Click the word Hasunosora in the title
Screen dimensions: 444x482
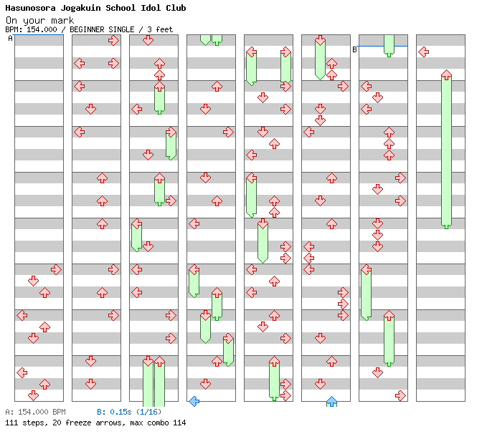pos(32,8)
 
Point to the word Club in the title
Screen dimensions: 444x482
pos(176,8)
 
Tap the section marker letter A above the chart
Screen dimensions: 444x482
pos(10,39)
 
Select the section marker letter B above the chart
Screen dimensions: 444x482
pos(354,49)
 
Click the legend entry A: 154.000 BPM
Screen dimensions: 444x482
pos(35,412)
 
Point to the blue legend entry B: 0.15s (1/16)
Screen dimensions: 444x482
pos(129,412)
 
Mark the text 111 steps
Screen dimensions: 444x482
pos(25,423)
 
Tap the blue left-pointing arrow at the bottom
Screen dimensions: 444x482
pos(194,401)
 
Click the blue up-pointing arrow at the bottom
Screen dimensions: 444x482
pos(331,401)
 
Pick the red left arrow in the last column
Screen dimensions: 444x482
pos(423,52)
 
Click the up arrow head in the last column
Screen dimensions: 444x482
pos(446,74)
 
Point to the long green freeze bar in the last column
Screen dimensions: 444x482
pos(446,150)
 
